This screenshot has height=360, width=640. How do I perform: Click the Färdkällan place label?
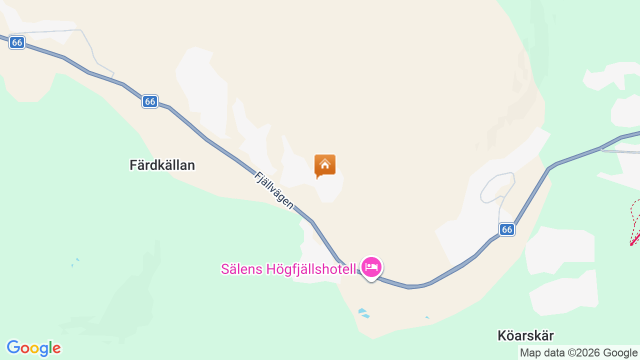(162, 165)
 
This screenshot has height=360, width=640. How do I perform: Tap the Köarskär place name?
(525, 335)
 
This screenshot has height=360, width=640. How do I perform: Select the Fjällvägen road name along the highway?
(273, 190)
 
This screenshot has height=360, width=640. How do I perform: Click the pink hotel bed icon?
(371, 267)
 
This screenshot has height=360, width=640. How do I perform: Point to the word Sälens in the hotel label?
(242, 269)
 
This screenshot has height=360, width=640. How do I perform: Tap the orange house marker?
(325, 165)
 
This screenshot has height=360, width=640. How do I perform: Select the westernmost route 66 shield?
(17, 42)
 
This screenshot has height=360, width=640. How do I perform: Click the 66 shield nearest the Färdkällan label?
(149, 101)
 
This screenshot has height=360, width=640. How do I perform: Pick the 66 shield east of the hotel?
(507, 229)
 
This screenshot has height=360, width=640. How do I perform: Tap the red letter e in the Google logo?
(56, 348)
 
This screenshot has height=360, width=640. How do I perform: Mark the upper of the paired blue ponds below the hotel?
(362, 311)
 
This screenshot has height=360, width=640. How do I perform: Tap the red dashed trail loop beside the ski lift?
(634, 210)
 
